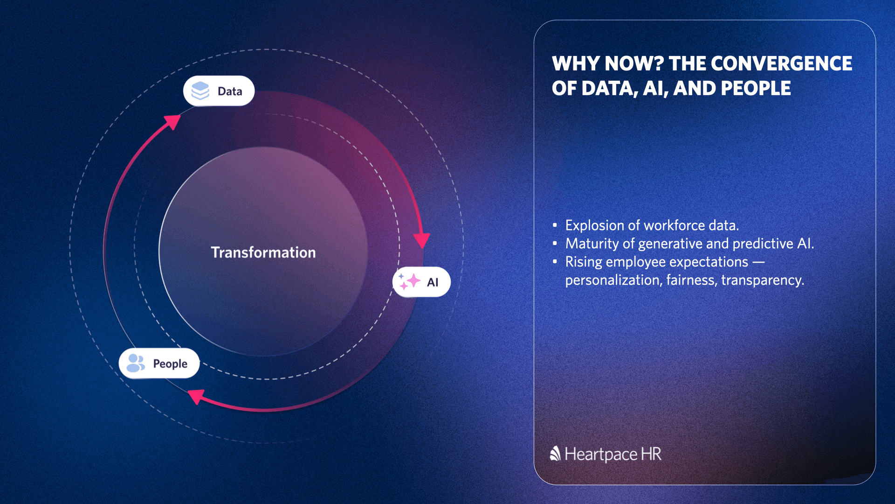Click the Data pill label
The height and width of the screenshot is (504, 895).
(219, 91)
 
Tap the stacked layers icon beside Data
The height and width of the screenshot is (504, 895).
(200, 91)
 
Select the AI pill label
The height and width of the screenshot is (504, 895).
(421, 282)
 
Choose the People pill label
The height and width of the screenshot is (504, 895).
(159, 363)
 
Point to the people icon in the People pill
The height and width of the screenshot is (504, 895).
(136, 363)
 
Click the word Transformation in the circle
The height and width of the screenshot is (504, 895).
(263, 252)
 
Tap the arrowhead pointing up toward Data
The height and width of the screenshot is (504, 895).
(172, 122)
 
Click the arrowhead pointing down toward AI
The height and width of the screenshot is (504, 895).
(422, 241)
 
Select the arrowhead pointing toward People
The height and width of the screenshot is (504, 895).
(196, 397)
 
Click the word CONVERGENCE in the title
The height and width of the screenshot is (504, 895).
(781, 63)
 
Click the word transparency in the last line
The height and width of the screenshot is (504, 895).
(763, 280)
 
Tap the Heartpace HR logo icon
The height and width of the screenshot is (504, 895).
(555, 454)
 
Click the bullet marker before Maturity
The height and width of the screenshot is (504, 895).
(555, 243)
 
